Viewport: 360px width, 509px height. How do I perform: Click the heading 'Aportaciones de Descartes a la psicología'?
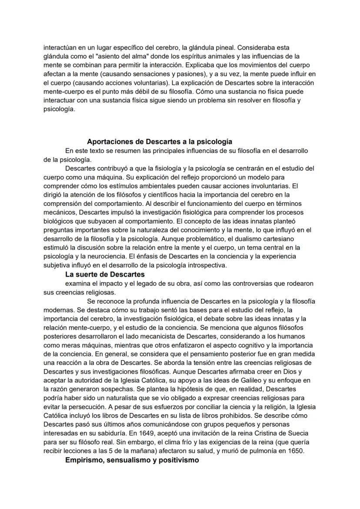(160, 141)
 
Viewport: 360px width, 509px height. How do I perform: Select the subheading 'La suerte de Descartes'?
(105, 275)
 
